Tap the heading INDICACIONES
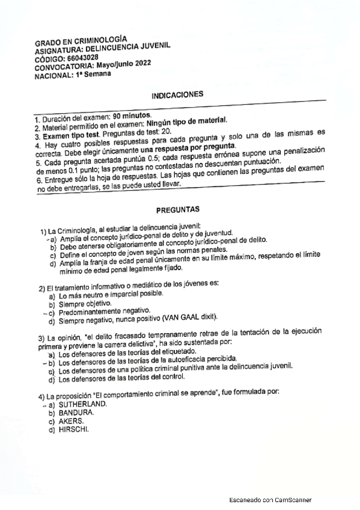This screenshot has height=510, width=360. [177, 95]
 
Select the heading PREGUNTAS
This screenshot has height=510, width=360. [178, 210]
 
